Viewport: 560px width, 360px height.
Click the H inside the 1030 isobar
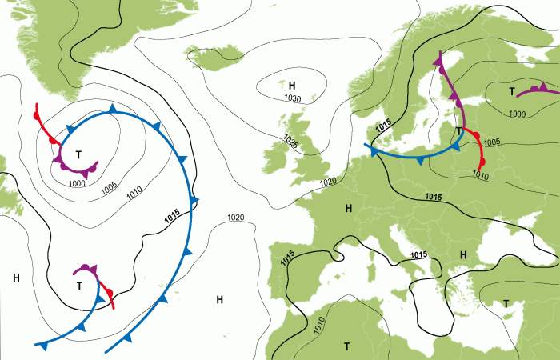point(292,85)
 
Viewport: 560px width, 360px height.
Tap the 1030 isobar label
point(292,98)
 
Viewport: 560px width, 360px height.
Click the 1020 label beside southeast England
point(328,182)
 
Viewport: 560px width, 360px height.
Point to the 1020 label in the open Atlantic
point(236,218)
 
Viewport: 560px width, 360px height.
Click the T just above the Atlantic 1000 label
point(78,154)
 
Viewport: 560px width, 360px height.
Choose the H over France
point(348,209)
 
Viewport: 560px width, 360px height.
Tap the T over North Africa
point(347,346)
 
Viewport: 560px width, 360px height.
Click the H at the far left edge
point(16,278)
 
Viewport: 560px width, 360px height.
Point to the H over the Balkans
point(462,254)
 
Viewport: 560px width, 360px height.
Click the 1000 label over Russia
point(518,114)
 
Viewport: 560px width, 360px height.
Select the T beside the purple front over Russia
point(511,91)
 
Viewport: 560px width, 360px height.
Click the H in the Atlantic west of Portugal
point(219,299)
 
